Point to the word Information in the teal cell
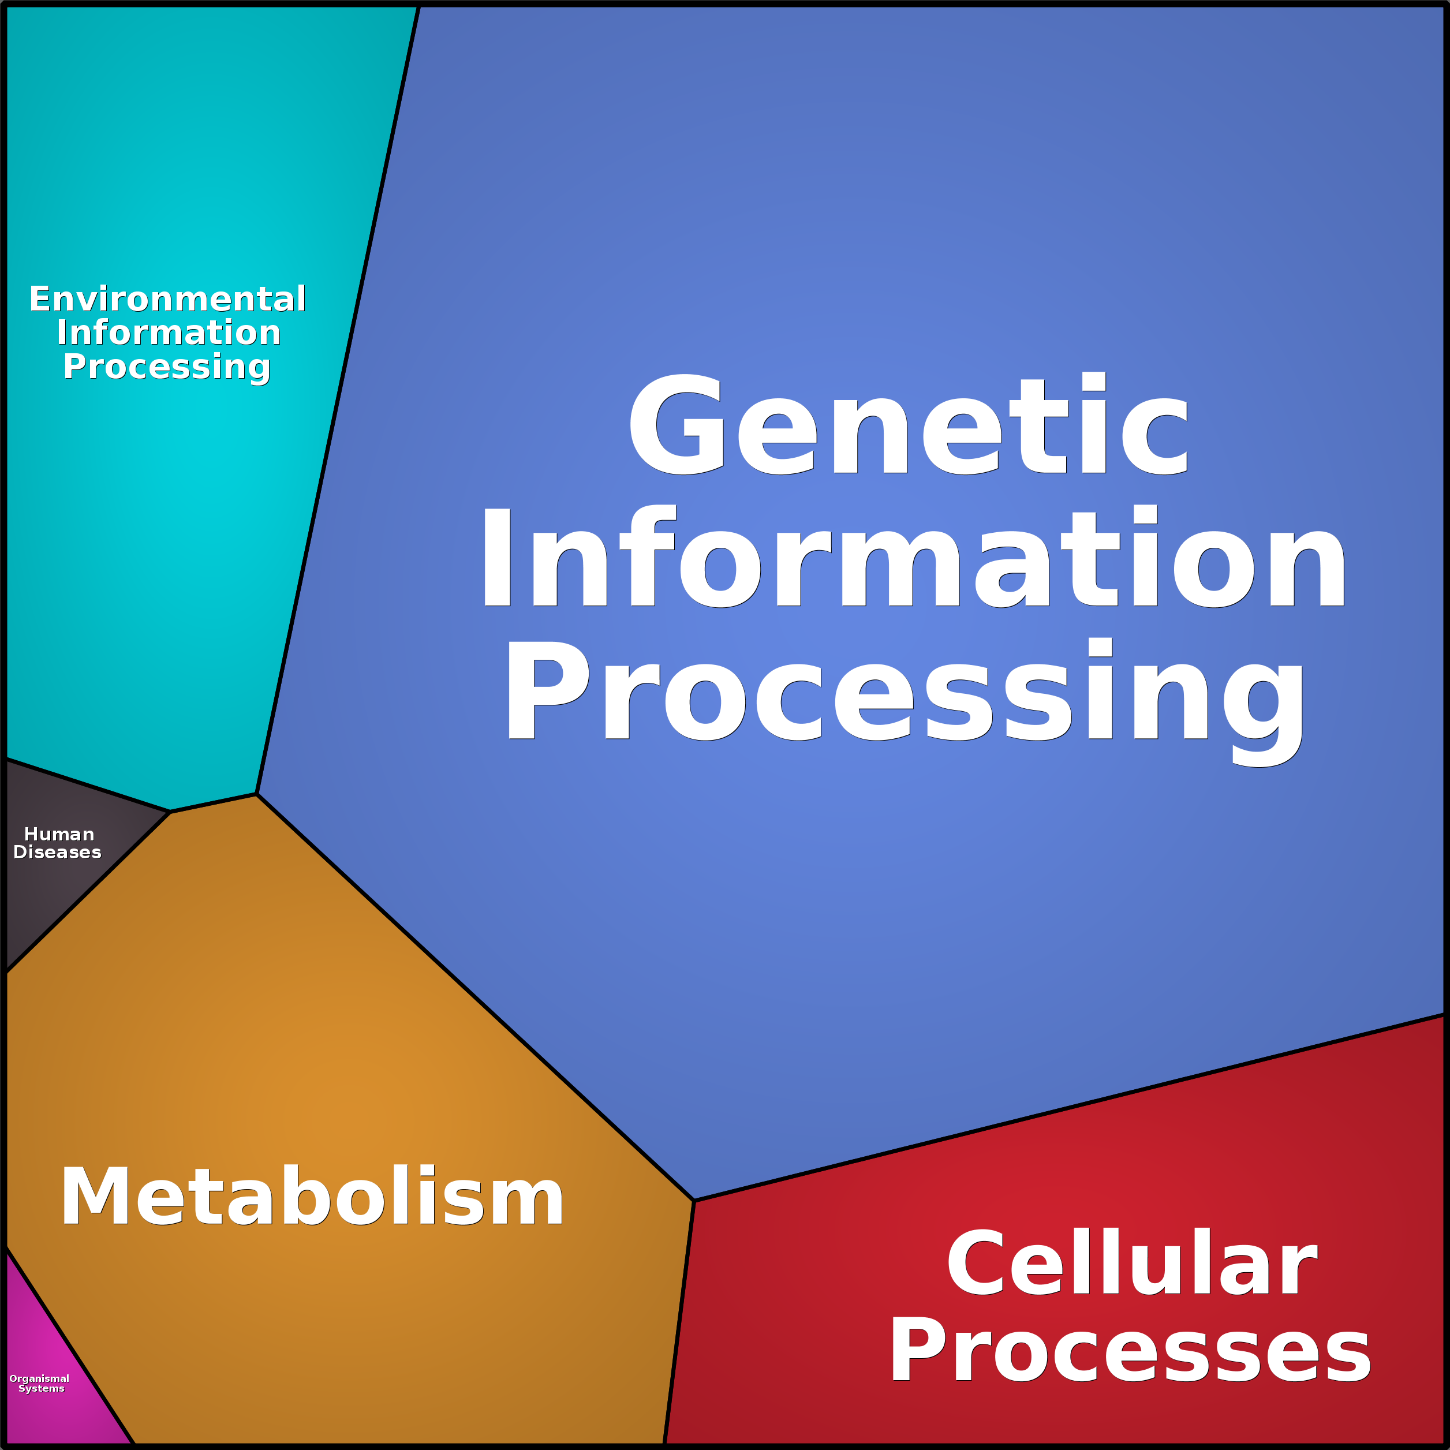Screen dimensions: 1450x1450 coord(169,332)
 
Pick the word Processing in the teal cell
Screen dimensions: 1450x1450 coord(167,367)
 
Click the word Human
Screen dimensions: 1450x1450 coord(59,834)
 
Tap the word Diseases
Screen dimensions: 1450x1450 coord(57,852)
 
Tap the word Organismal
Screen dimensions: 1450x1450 coord(39,1378)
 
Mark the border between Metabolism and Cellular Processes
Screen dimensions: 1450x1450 coord(679,1322)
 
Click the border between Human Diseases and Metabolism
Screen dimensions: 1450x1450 coord(88,892)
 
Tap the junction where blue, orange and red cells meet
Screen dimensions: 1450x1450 coord(694,1201)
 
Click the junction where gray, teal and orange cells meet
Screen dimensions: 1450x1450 coord(170,812)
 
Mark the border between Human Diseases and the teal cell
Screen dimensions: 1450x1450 coord(88,785)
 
